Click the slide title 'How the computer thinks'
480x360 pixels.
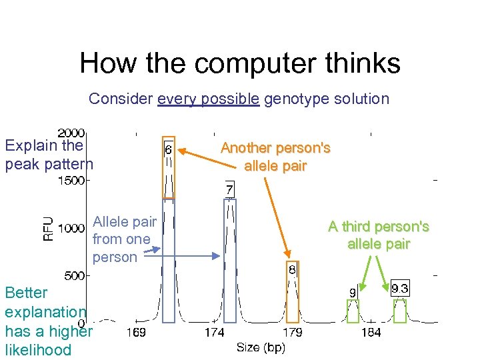pos(240,63)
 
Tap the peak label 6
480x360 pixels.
pos(168,150)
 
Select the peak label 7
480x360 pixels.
pos(229,191)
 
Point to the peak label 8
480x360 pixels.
pos(292,270)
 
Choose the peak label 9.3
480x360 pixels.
pos(400,289)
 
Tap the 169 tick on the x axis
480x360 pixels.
pos(136,332)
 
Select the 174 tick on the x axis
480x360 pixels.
pos(214,332)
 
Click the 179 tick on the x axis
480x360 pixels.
pos(293,332)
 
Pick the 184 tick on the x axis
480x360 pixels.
pos(371,332)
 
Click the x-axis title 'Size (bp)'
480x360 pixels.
pos(261,347)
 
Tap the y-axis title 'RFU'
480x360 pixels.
pos(49,227)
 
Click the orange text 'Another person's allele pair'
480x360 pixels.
pos(275,157)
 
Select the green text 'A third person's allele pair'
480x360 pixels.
pos(378,235)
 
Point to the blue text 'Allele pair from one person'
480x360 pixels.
pos(124,239)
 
